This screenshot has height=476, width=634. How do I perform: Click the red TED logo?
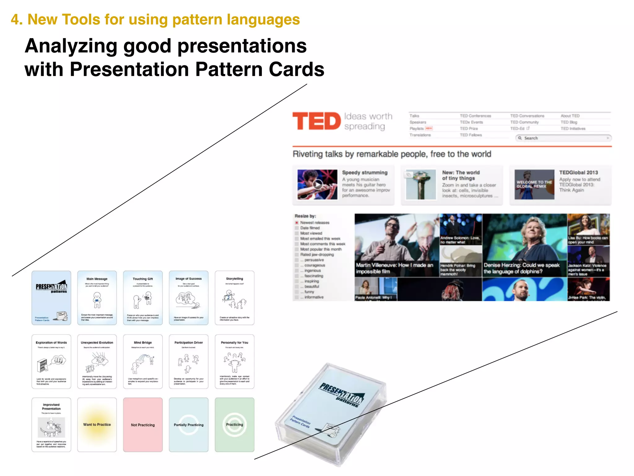316,121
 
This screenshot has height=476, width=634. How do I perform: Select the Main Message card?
97,298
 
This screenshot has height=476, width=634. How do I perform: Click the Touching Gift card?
143,298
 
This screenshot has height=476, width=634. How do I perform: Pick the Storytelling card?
234,298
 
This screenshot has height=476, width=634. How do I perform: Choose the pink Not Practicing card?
143,425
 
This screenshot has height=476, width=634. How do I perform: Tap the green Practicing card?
234,425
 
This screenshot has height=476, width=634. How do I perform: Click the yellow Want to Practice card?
97,425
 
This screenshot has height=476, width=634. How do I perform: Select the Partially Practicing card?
189,425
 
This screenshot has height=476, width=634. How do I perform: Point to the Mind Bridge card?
143,361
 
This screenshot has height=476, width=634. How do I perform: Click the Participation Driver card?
189,361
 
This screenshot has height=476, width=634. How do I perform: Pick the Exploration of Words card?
51,361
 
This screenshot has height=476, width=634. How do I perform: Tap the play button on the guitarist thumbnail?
318,185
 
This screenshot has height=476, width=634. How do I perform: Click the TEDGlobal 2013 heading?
578,173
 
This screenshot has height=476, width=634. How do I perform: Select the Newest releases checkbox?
297,223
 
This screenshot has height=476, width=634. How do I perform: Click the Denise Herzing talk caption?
521,268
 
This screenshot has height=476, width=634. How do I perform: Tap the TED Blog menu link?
569,122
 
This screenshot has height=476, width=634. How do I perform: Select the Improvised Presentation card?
51,425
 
